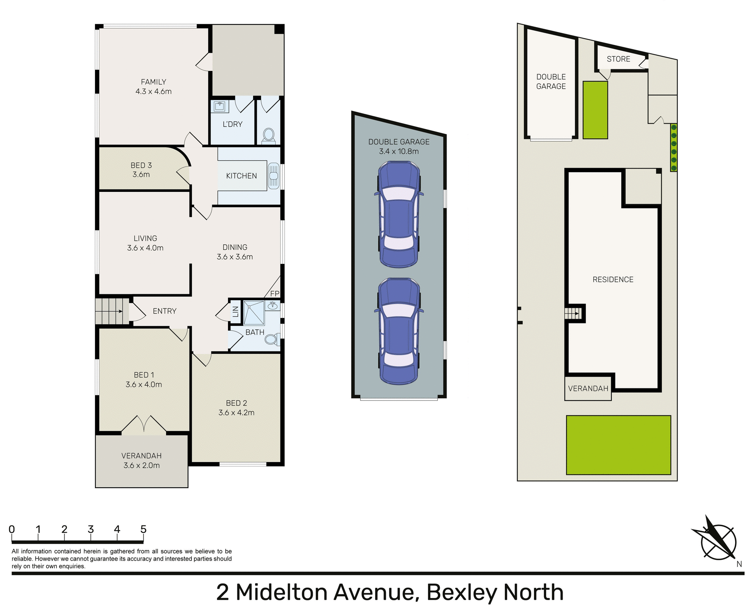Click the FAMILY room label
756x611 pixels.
tap(153, 82)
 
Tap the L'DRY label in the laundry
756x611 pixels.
tap(232, 124)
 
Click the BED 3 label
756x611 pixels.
tap(141, 165)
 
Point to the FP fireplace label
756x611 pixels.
tap(274, 293)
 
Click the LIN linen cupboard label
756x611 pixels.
tap(235, 312)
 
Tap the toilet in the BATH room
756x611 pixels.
tap(271, 339)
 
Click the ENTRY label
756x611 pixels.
tap(165, 311)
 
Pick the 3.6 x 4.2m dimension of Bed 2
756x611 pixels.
tap(236, 413)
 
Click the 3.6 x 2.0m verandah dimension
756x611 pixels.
tap(141, 465)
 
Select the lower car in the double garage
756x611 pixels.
tap(399, 331)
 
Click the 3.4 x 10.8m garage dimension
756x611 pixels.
tap(399, 151)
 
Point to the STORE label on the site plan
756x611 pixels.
tap(618, 59)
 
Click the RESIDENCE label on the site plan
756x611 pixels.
tap(613, 280)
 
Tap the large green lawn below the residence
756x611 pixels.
tap(618, 445)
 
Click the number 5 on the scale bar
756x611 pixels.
tap(143, 529)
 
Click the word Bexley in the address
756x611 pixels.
tap(461, 592)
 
